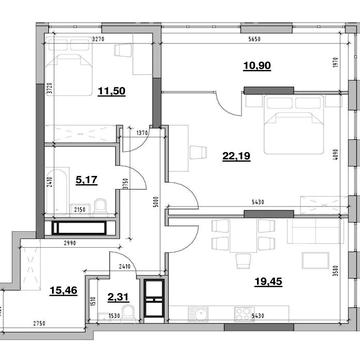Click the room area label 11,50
[109, 93]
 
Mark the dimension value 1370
[142, 132]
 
